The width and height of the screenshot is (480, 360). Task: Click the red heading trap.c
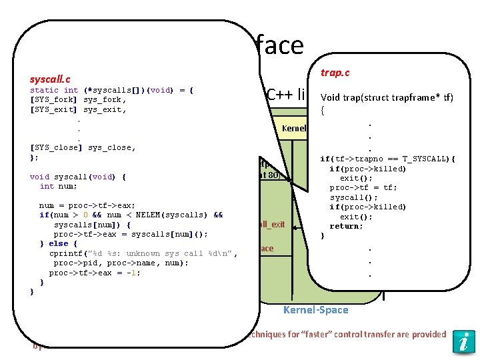(335, 72)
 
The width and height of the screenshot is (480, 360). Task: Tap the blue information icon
(463, 341)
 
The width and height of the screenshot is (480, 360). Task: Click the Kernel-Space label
(315, 309)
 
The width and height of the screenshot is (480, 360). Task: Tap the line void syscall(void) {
(78, 177)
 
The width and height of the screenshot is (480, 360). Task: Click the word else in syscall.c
(59, 244)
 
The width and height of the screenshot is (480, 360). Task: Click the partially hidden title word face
(279, 45)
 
